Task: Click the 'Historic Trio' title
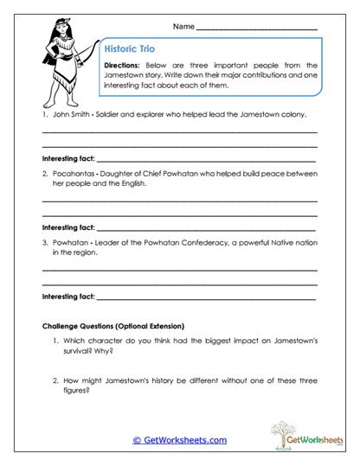tap(129, 50)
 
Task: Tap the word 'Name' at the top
tap(183, 28)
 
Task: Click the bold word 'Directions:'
tap(126, 66)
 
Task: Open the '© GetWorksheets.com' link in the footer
tap(179, 440)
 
